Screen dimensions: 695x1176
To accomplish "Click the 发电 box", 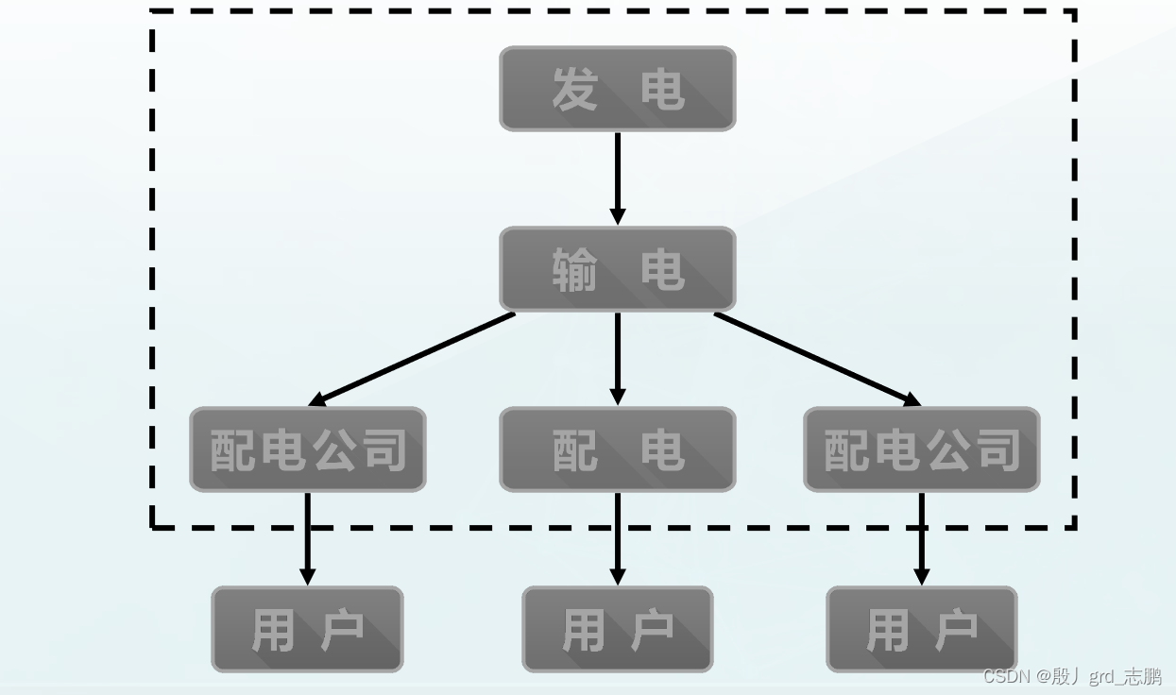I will tap(617, 89).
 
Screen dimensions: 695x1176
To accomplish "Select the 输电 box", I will tap(617, 269).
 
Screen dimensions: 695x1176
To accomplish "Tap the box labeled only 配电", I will tap(617, 449).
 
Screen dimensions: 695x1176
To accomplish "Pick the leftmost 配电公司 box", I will tap(308, 449).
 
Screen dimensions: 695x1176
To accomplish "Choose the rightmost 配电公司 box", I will tap(921, 449).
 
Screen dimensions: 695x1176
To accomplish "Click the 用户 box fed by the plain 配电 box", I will tap(617, 629).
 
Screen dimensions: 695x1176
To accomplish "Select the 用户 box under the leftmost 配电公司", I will tap(307, 629).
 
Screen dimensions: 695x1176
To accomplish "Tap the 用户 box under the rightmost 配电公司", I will tap(921, 629).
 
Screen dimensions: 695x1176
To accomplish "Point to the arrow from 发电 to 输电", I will tap(617, 178).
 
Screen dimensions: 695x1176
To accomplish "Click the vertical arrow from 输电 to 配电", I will tap(617, 358).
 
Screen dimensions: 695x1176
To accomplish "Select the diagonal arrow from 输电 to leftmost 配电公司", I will tap(413, 358).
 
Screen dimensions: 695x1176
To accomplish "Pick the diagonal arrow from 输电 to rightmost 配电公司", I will tap(817, 358).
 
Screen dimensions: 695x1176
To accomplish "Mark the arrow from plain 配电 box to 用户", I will tap(617, 538).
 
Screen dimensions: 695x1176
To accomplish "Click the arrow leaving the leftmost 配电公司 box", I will tap(307, 538).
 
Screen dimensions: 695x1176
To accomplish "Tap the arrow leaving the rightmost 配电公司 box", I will tap(922, 538).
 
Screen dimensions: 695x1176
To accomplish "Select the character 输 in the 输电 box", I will tap(574, 270).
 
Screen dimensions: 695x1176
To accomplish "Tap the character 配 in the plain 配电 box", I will tap(574, 450).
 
